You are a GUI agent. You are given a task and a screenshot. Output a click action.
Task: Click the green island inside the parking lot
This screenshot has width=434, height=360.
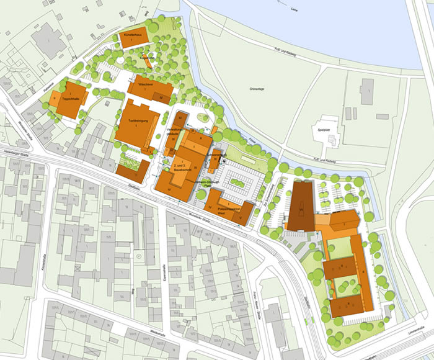(237, 182)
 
